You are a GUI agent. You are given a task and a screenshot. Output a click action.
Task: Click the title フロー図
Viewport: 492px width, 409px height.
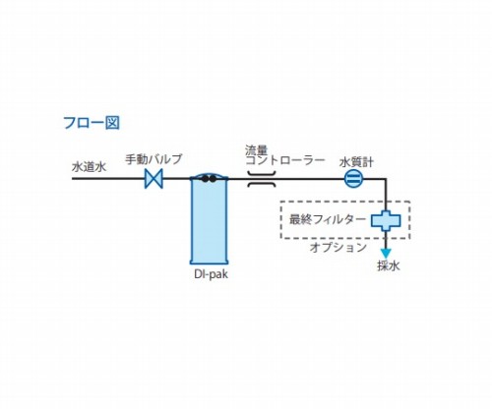click(92, 123)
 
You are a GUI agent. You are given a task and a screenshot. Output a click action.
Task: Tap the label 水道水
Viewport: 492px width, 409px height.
click(90, 167)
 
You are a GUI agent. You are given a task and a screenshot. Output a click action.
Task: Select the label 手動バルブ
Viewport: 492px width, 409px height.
click(154, 159)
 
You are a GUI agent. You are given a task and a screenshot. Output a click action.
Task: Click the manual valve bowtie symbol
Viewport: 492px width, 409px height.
click(154, 179)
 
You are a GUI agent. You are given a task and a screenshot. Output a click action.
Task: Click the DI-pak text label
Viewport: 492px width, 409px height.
click(211, 274)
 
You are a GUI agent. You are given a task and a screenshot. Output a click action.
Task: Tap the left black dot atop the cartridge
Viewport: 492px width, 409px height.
click(206, 179)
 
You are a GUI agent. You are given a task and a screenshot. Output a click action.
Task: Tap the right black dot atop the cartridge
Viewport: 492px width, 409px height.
click(213, 179)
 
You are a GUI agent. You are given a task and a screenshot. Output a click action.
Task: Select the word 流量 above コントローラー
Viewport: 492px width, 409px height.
click(256, 150)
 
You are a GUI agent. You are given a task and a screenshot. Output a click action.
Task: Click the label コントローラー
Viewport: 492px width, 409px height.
click(285, 160)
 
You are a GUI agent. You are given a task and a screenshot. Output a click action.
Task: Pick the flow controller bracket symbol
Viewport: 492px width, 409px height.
click(262, 179)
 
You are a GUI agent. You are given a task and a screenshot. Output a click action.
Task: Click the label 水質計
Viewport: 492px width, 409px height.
click(356, 162)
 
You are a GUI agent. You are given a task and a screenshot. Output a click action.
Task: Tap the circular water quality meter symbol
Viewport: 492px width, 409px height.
click(354, 179)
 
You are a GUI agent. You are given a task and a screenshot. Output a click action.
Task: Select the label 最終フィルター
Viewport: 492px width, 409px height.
click(328, 219)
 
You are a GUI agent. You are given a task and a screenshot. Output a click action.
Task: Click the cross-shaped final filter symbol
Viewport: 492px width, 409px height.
click(386, 221)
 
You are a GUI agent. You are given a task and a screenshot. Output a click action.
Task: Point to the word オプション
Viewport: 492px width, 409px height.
click(338, 247)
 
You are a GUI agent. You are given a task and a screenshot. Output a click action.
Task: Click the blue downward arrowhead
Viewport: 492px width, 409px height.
click(386, 254)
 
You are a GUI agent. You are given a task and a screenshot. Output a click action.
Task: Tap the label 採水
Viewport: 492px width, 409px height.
click(389, 265)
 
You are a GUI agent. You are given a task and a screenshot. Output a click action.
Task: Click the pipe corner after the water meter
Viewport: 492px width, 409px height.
click(386, 179)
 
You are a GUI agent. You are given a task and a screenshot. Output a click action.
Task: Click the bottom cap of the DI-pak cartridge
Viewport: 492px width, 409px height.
click(209, 262)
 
